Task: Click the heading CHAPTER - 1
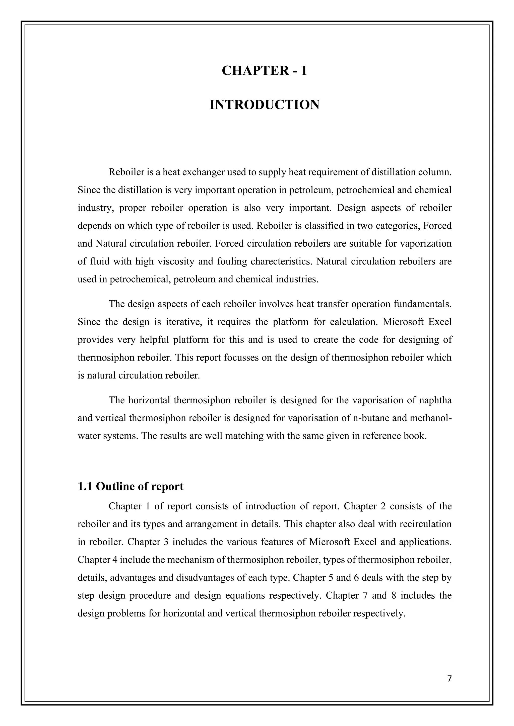pyautogui.click(x=264, y=70)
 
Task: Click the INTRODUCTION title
pyautogui.click(x=264, y=105)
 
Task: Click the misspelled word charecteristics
pyautogui.click(x=280, y=262)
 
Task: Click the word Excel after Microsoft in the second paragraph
pyautogui.click(x=440, y=322)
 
